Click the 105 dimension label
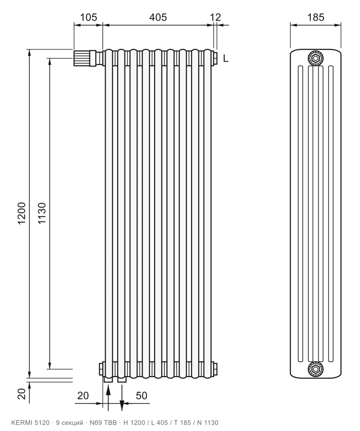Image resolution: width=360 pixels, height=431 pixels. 88,17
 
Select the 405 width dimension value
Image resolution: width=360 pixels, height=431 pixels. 158,17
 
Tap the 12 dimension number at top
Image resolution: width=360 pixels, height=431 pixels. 215,17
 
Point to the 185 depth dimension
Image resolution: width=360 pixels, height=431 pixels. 316,17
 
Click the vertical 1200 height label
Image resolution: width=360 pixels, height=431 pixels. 21,213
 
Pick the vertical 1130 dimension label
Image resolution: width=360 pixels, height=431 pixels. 42,213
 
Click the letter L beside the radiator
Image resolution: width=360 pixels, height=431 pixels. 226,58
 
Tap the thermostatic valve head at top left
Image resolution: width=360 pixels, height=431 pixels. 82,58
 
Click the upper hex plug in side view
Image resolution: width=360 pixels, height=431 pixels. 315,59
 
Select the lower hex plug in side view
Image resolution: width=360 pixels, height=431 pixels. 315,369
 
